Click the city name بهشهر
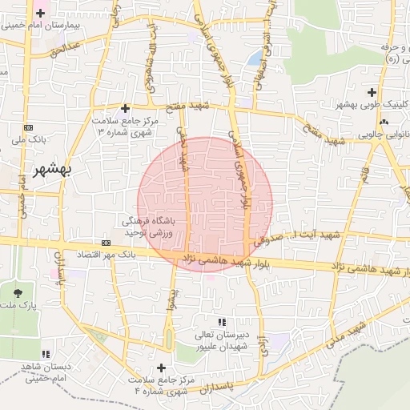(40, 172)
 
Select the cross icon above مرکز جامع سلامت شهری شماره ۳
(125, 107)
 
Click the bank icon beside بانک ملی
(29, 127)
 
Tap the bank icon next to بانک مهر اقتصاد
(107, 243)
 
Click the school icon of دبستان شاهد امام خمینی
(46, 353)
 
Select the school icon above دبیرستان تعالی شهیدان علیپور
(232, 321)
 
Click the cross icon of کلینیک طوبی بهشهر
(372, 93)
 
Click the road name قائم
(364, 171)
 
